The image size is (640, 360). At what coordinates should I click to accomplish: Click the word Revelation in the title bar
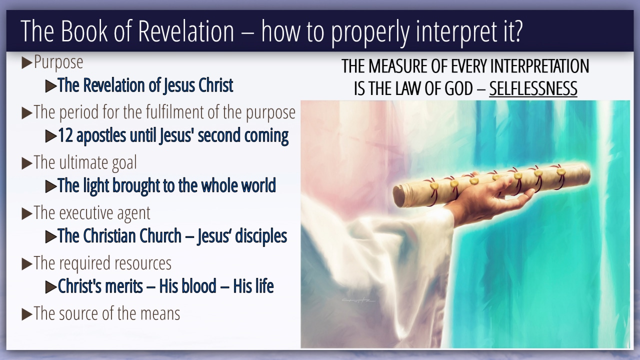[x=186, y=31]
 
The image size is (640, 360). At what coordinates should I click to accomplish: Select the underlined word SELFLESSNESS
[x=533, y=88]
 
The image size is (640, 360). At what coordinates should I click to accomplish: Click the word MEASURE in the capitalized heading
[x=398, y=66]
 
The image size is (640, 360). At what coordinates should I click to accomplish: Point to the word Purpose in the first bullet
[x=58, y=62]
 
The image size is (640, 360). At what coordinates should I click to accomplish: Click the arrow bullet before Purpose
[x=27, y=63]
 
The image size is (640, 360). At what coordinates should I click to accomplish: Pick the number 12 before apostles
[x=65, y=135]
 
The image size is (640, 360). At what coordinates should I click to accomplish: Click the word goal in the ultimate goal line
[x=124, y=163]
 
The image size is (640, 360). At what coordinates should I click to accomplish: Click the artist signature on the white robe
[x=358, y=300]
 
